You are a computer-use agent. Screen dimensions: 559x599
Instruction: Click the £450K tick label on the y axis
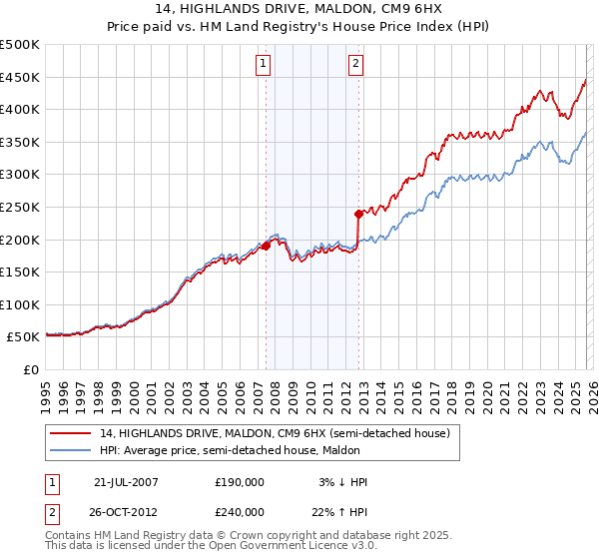coord(20,77)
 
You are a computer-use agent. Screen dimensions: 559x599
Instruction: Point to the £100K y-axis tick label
coord(20,304)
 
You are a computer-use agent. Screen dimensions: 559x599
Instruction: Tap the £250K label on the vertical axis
coord(20,207)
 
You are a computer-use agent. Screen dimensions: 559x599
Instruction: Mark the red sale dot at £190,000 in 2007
coord(267,246)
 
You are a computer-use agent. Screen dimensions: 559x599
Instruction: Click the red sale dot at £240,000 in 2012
coord(358,213)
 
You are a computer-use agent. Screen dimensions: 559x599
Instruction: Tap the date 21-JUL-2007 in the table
coord(126,482)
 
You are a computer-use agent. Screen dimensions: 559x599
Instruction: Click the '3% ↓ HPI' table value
coord(339,482)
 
